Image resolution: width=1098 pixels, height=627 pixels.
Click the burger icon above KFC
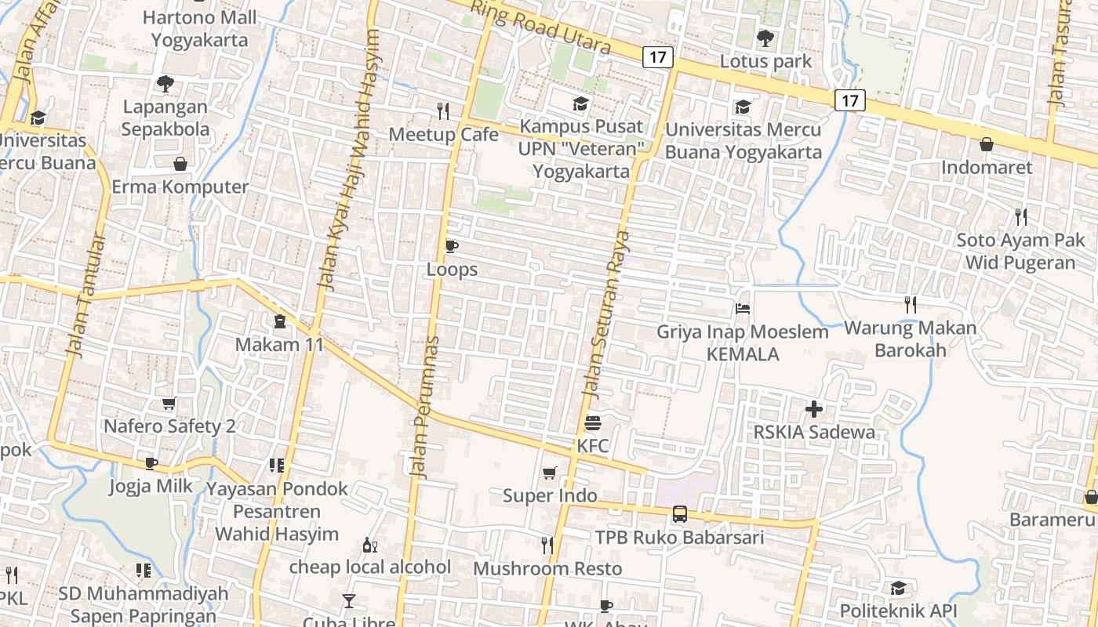[x=593, y=424]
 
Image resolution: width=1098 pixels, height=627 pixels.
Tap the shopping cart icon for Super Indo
[x=550, y=473]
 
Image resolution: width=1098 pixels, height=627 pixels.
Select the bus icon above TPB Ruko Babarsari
[x=679, y=514]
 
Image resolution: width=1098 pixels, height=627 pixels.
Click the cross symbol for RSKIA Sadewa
[x=814, y=408]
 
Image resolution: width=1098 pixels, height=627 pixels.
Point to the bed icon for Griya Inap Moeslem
[x=743, y=309]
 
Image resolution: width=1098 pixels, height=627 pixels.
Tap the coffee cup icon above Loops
[x=451, y=247]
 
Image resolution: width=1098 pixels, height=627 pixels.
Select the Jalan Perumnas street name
[x=424, y=408]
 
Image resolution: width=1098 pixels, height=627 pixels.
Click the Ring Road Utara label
[x=540, y=27]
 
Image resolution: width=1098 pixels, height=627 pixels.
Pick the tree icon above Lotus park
[x=765, y=38]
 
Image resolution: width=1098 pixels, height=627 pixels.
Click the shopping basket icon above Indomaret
[x=987, y=144]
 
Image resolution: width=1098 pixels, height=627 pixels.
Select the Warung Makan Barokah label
[x=911, y=339]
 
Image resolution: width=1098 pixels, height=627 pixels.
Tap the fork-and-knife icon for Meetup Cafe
[x=444, y=111]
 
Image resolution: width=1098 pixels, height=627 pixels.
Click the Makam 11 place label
[x=279, y=344]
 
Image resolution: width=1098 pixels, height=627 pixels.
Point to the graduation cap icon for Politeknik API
[x=898, y=588]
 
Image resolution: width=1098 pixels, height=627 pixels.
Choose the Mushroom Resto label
[x=547, y=568]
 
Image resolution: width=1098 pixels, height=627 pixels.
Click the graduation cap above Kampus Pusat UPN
[x=580, y=103]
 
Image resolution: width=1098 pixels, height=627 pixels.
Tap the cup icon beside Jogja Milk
[x=151, y=463]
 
